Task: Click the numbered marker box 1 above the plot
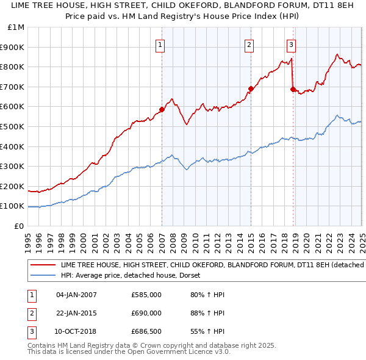click(160, 44)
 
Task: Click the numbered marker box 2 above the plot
click(249, 44)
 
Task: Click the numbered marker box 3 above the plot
click(291, 44)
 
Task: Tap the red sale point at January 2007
click(162, 110)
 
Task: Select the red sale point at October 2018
click(293, 89)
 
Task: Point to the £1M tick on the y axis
click(15, 27)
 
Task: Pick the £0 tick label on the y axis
click(20, 226)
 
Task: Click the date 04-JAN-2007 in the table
click(76, 295)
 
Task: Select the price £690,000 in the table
click(146, 313)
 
